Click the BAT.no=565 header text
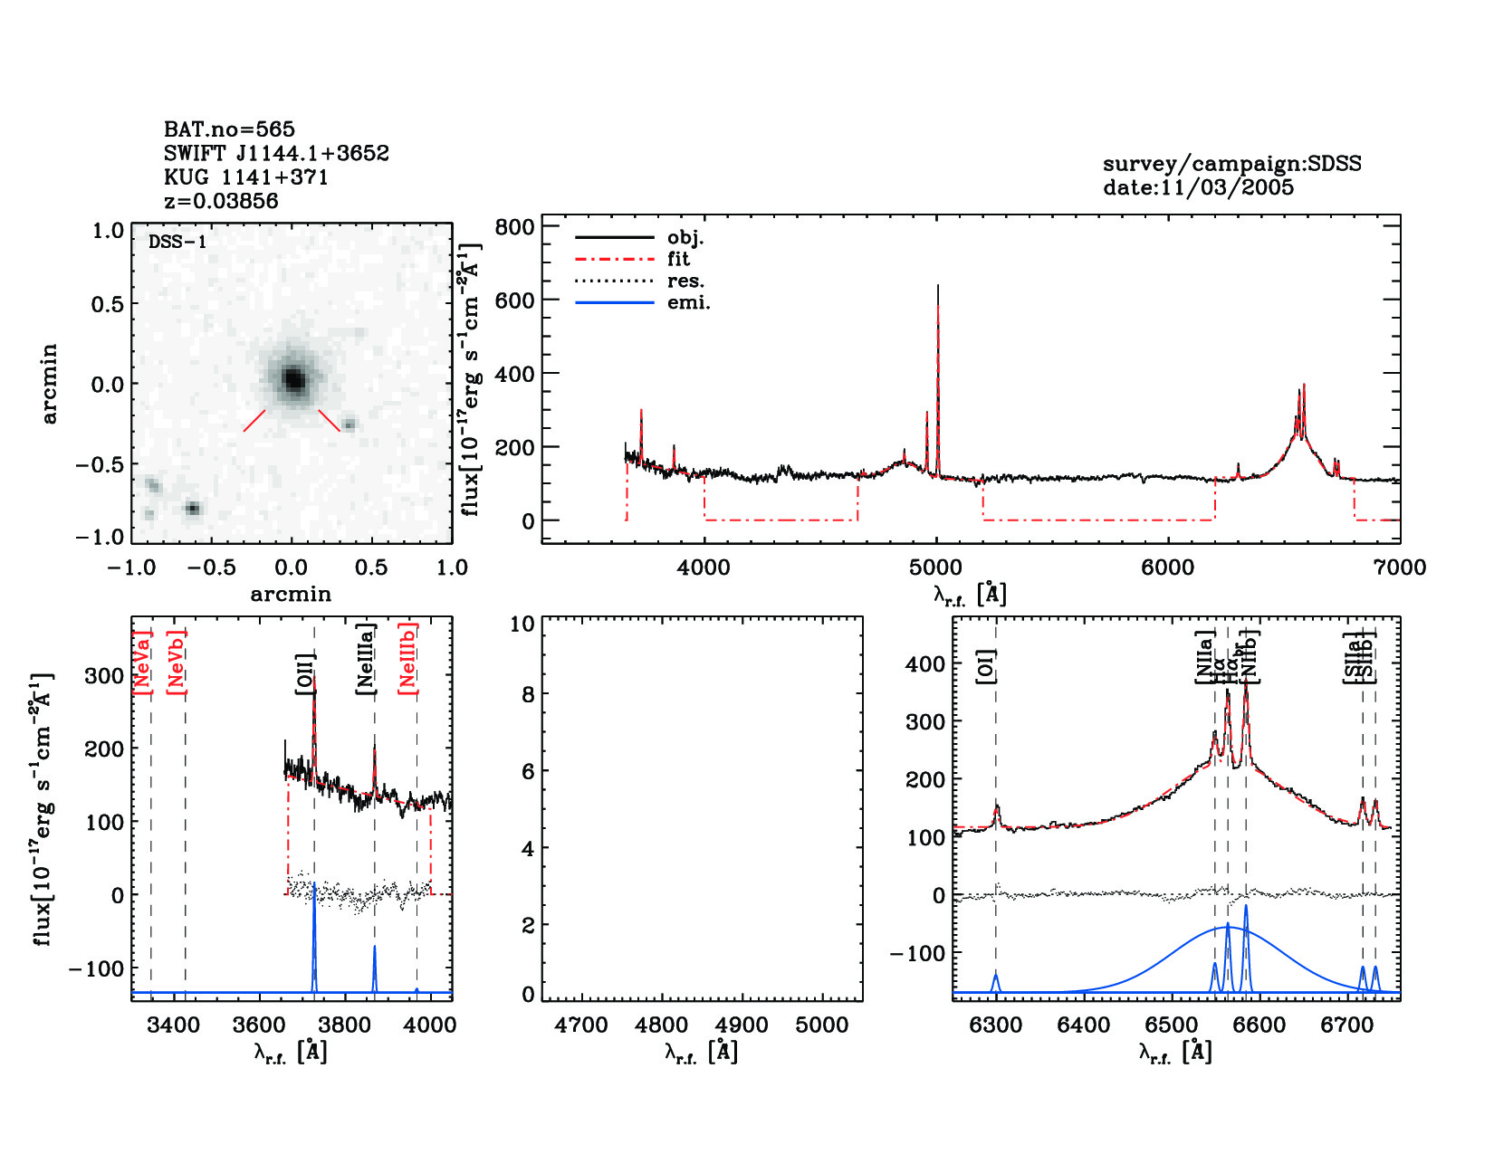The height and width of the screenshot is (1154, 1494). (x=229, y=129)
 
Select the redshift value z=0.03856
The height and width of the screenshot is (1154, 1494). (x=221, y=201)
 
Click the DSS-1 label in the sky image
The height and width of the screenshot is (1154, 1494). (x=177, y=242)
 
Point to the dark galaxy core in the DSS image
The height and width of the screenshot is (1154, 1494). (x=293, y=379)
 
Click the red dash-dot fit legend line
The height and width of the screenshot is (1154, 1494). (x=614, y=259)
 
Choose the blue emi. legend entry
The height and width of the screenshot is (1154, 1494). (x=688, y=302)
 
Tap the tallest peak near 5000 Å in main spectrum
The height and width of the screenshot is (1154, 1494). (x=937, y=288)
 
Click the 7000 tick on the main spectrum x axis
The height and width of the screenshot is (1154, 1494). (x=1399, y=567)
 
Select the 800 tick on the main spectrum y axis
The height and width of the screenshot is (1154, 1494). (x=514, y=226)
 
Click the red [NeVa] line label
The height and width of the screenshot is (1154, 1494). (x=142, y=663)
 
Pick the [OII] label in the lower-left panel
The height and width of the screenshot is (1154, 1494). (x=305, y=673)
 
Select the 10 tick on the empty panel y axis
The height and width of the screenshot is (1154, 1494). (x=522, y=624)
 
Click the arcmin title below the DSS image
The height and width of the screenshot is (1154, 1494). (x=291, y=595)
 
